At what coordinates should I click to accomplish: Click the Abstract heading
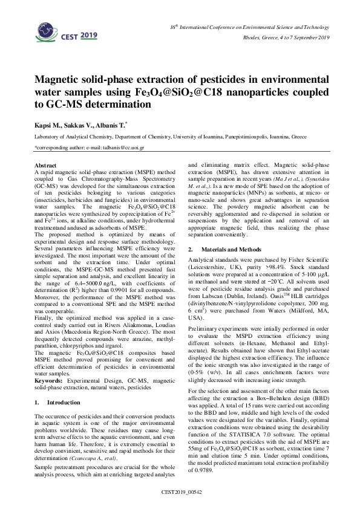tap(46, 164)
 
